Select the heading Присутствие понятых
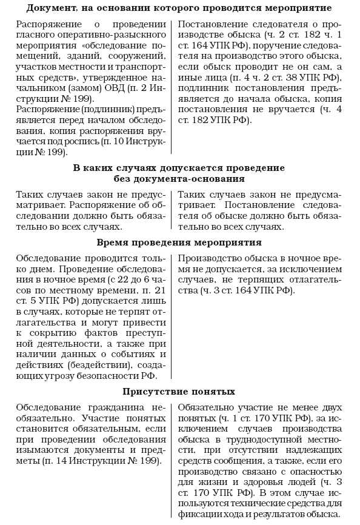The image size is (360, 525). pos(179,391)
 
